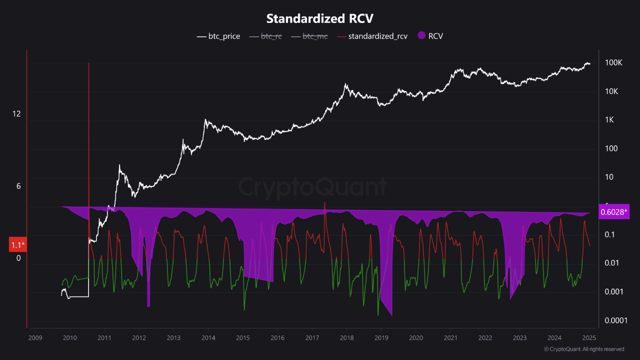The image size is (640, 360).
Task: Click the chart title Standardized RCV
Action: (319, 18)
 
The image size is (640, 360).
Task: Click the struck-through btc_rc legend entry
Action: (271, 36)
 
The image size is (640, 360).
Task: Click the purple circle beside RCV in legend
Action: (421, 35)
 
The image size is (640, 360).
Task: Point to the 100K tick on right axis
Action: (613, 63)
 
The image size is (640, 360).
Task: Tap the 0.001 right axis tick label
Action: (612, 291)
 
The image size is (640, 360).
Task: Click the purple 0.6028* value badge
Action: (613, 212)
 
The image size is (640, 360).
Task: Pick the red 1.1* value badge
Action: (17, 245)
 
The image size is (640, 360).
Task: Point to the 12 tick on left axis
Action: (16, 114)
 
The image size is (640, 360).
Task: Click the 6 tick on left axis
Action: (18, 186)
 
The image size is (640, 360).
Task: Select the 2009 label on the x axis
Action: (35, 337)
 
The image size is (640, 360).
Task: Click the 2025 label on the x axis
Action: (588, 337)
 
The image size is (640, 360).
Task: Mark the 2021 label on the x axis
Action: (450, 337)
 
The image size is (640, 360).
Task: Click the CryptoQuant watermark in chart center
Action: (312, 187)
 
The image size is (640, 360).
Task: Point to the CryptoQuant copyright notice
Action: (583, 349)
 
